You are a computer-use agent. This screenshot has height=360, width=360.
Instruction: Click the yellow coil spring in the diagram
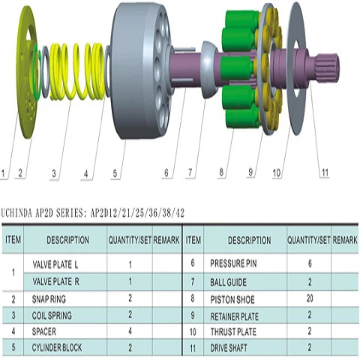click(77, 71)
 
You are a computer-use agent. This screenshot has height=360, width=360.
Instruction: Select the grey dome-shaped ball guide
click(209, 70)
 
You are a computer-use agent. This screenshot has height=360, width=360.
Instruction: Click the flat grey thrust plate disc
click(298, 68)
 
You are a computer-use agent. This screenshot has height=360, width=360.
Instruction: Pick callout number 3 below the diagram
click(54, 173)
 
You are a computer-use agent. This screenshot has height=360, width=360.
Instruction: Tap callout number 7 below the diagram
click(190, 172)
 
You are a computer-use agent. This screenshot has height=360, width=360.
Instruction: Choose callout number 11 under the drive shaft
click(325, 172)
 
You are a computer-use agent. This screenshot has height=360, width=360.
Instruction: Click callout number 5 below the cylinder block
click(115, 173)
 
